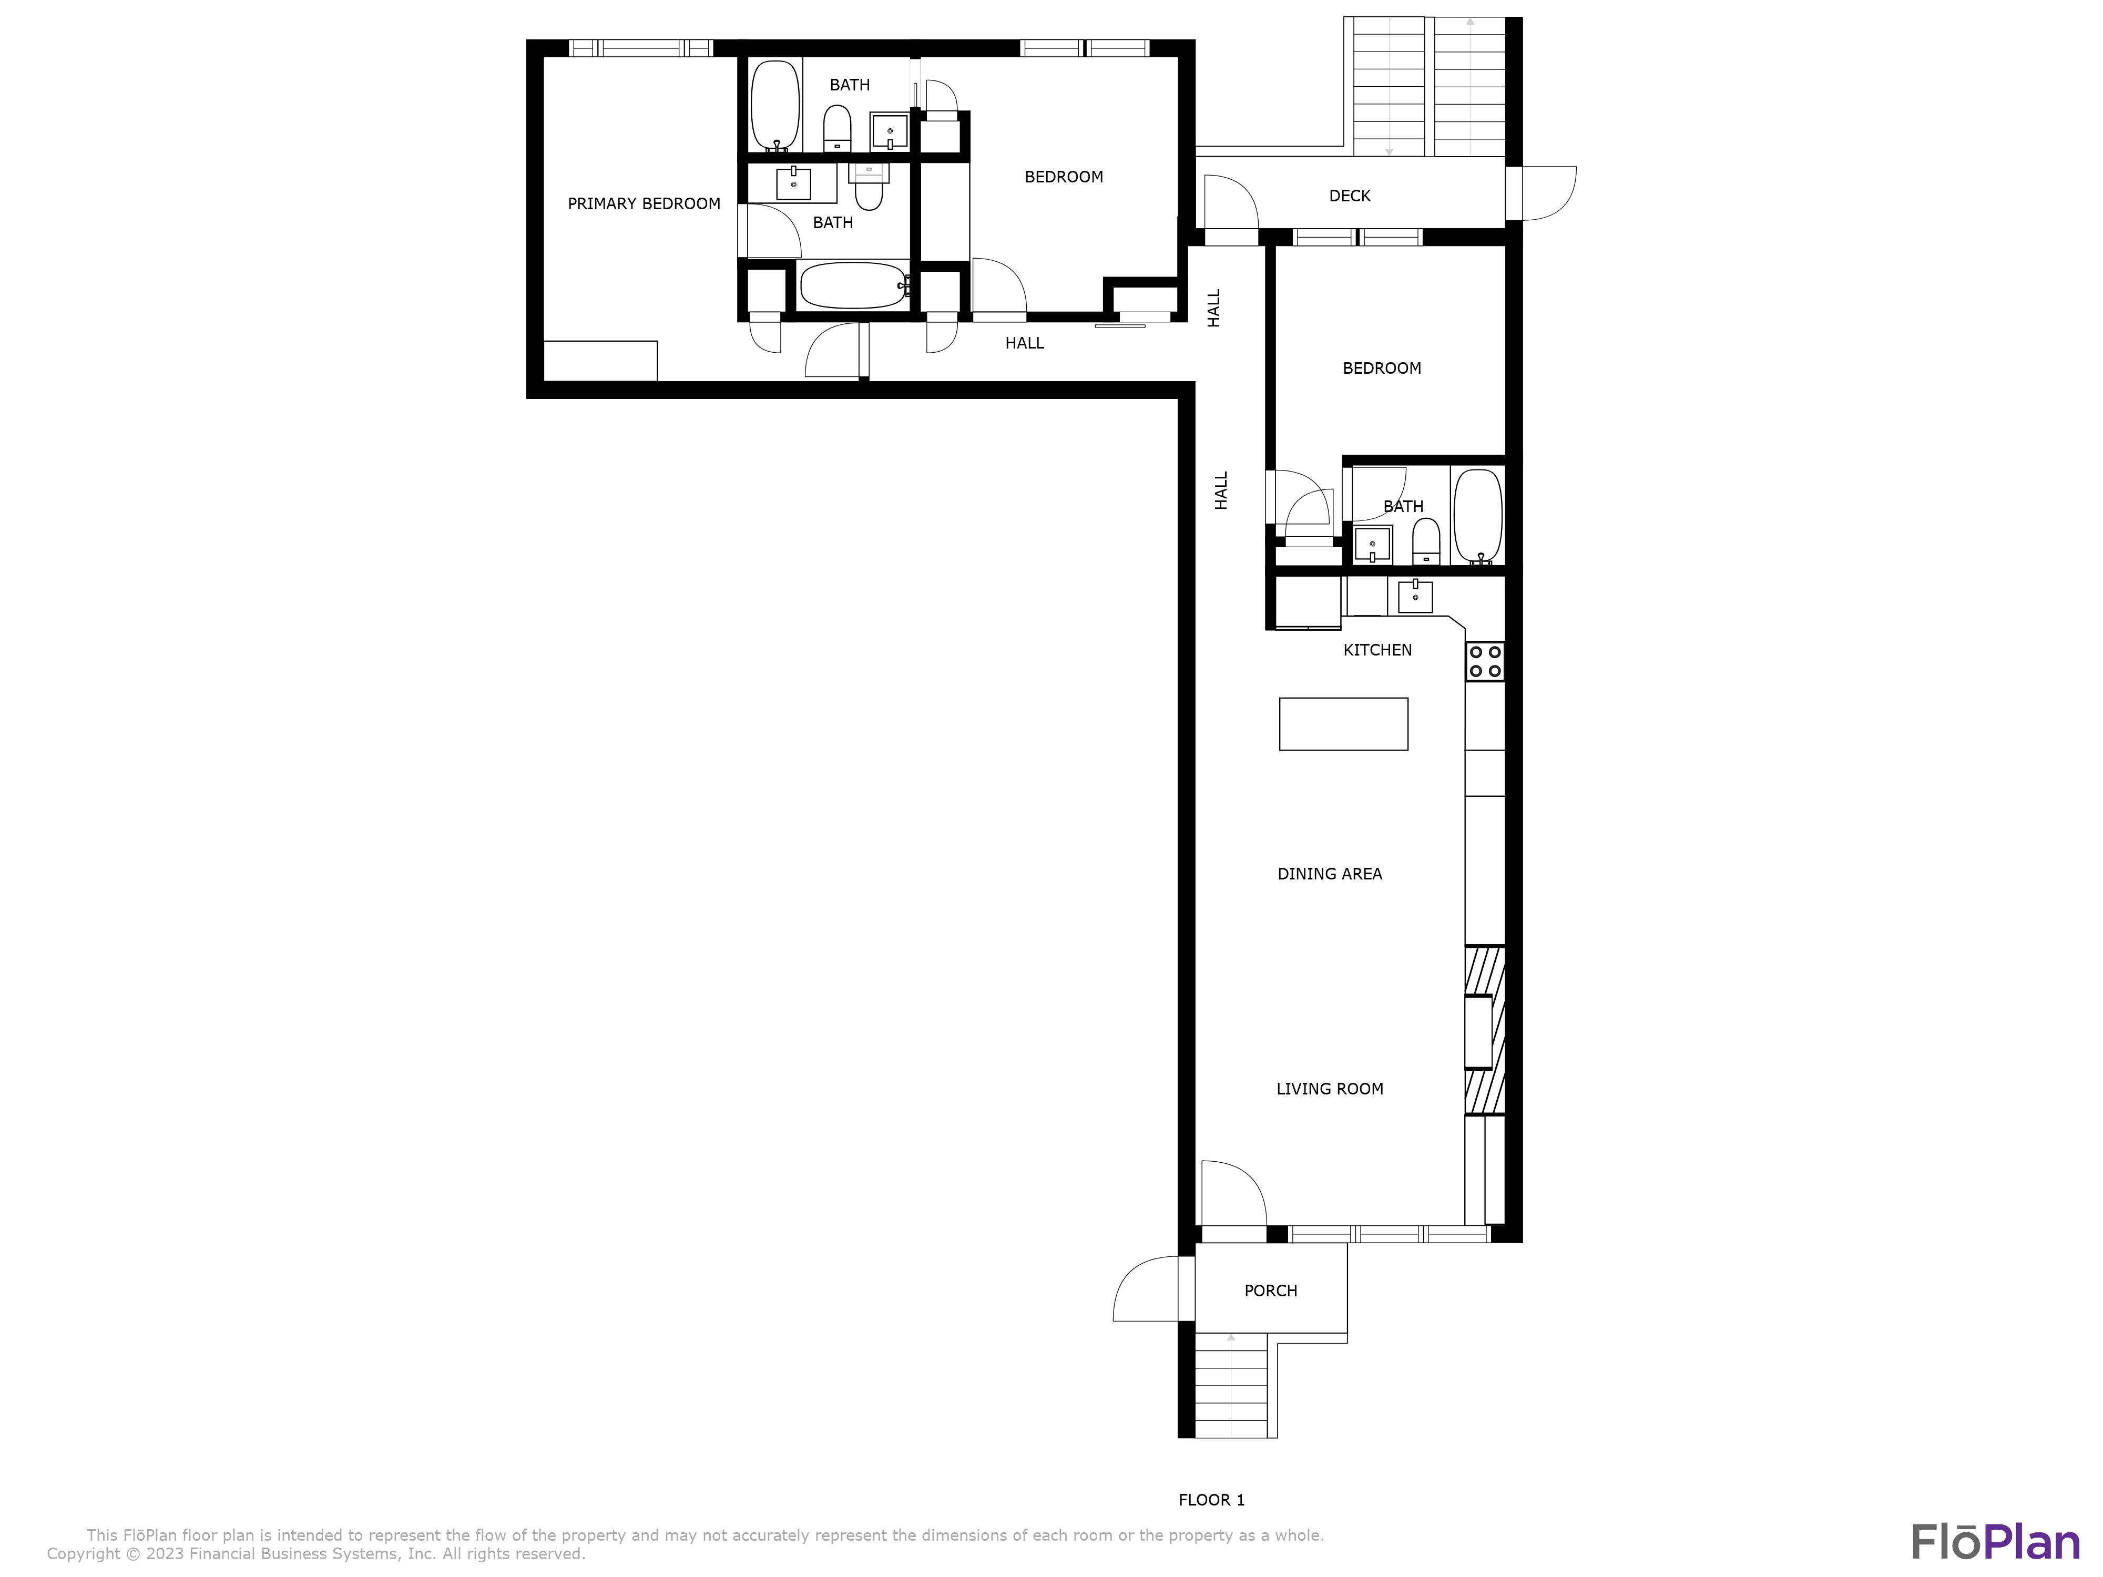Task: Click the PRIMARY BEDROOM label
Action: point(644,203)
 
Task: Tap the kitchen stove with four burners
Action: point(1484,662)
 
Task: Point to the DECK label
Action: point(1349,196)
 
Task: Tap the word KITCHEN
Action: point(1376,650)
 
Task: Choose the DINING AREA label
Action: point(1329,874)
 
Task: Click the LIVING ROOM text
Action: point(1329,1089)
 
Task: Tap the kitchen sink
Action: point(1415,596)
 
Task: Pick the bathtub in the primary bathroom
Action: point(853,285)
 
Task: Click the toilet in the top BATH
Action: point(836,128)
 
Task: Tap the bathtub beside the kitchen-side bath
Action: point(1477,516)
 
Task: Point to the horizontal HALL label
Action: point(1024,343)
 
